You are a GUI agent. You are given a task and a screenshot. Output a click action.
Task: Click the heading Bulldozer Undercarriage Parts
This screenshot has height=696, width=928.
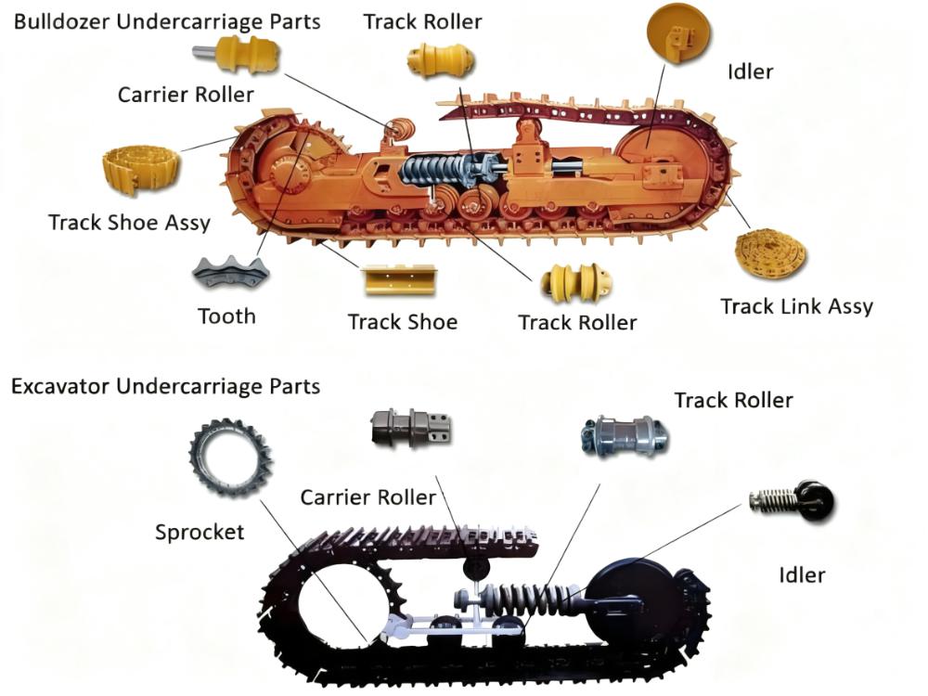tap(167, 21)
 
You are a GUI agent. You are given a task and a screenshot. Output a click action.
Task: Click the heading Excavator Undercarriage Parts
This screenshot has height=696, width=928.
tap(165, 385)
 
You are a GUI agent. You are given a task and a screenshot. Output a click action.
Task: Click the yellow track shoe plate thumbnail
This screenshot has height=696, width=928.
tap(400, 279)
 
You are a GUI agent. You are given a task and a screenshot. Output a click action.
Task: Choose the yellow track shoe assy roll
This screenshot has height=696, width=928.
tap(140, 170)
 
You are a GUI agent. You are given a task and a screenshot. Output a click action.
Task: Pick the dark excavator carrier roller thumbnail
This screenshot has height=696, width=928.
tap(411, 429)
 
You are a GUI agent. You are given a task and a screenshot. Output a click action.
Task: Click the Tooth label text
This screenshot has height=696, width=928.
tap(226, 316)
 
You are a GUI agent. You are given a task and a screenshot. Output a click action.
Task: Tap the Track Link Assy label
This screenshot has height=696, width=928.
tap(796, 305)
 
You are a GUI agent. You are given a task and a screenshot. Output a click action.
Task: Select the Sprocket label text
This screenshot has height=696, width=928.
tap(200, 532)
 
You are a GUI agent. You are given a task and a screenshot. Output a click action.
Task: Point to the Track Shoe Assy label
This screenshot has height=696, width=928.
tap(129, 223)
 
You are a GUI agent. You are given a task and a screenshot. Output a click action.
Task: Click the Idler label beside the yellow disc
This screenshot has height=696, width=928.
tap(752, 71)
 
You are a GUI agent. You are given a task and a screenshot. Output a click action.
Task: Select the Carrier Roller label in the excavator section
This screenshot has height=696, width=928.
tap(367, 497)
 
